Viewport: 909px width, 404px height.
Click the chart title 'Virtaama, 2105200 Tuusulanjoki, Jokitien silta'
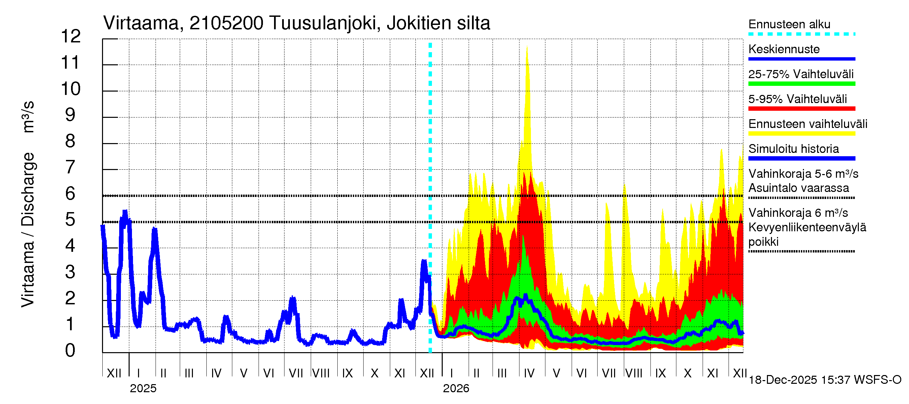(296, 23)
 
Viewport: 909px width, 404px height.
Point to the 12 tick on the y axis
(71, 36)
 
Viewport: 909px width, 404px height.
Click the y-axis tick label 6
(70, 194)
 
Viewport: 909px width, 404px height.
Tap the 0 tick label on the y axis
(70, 350)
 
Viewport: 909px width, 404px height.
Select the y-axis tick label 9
(70, 115)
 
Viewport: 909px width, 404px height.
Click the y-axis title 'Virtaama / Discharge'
(28, 229)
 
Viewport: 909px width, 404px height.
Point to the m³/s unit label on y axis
(28, 117)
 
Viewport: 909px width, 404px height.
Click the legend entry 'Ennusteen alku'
(789, 24)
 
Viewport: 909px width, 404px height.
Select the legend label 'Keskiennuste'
(784, 49)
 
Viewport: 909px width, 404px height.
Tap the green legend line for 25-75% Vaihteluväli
(801, 83)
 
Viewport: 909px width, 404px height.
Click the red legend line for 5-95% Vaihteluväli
(801, 109)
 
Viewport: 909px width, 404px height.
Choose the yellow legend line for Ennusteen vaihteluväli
(801, 133)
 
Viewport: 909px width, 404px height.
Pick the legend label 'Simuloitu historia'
(793, 149)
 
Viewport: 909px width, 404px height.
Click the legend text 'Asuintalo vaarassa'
(799, 188)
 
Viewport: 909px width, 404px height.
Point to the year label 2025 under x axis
(143, 389)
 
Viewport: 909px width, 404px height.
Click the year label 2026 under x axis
(456, 389)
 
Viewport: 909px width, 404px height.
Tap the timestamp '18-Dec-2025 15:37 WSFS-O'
(824, 380)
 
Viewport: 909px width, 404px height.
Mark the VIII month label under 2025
(321, 373)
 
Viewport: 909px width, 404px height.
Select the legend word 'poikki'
(763, 242)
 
